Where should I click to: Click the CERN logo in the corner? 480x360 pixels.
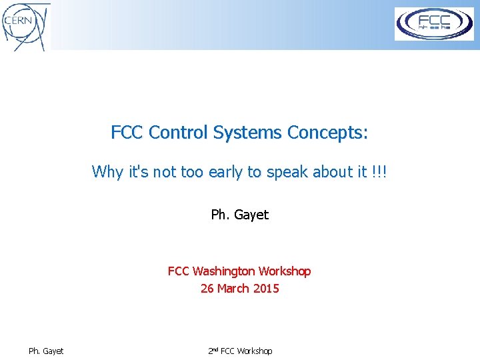click(25, 25)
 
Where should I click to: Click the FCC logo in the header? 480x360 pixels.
click(434, 24)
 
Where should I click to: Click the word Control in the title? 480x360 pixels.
click(178, 133)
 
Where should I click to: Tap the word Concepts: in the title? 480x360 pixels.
click(327, 133)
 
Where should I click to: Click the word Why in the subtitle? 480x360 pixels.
click(107, 172)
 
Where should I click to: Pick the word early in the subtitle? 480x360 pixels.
click(226, 172)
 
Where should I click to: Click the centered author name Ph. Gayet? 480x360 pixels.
click(239, 215)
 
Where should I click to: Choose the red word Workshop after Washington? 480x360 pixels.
click(285, 271)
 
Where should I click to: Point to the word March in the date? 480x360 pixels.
click(234, 289)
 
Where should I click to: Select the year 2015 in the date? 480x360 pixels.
click(266, 289)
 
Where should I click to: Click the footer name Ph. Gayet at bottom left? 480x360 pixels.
click(46, 351)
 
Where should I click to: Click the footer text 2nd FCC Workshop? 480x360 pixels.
click(239, 351)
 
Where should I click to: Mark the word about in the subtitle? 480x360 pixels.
click(335, 172)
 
